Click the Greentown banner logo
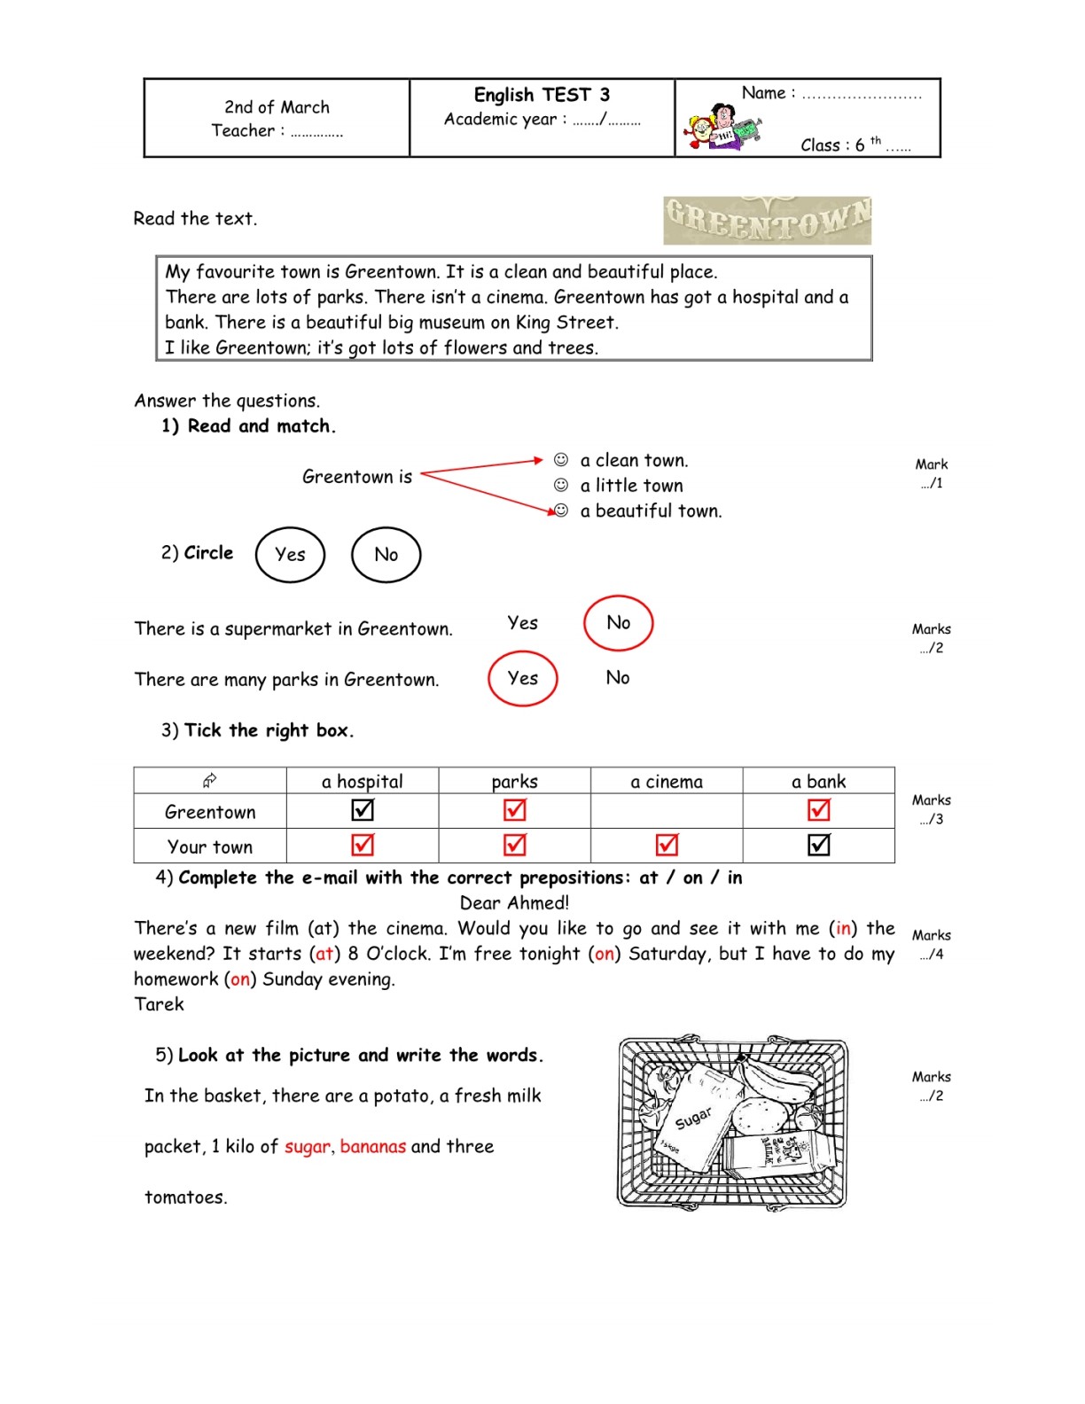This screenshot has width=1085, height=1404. (767, 221)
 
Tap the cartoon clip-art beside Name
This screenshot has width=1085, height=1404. (722, 128)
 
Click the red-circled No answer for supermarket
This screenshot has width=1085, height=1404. (618, 623)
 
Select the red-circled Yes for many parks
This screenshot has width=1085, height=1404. (522, 678)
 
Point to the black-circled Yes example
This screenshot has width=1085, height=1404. (290, 554)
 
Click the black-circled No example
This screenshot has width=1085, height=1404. (386, 554)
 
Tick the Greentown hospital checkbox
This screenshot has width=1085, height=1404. (363, 809)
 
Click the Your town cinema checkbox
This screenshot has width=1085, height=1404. (667, 845)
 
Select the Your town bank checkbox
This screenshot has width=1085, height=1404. (819, 845)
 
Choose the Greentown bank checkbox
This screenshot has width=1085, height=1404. (819, 809)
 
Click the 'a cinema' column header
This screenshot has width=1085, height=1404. (667, 782)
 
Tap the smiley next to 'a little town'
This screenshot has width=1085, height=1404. (561, 485)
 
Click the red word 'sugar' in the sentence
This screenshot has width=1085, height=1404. (307, 1147)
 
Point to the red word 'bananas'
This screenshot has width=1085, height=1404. (373, 1146)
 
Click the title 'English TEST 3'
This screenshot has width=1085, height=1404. (542, 95)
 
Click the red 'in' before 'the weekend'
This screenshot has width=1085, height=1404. (843, 928)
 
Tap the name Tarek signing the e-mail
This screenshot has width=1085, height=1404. (159, 1004)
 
